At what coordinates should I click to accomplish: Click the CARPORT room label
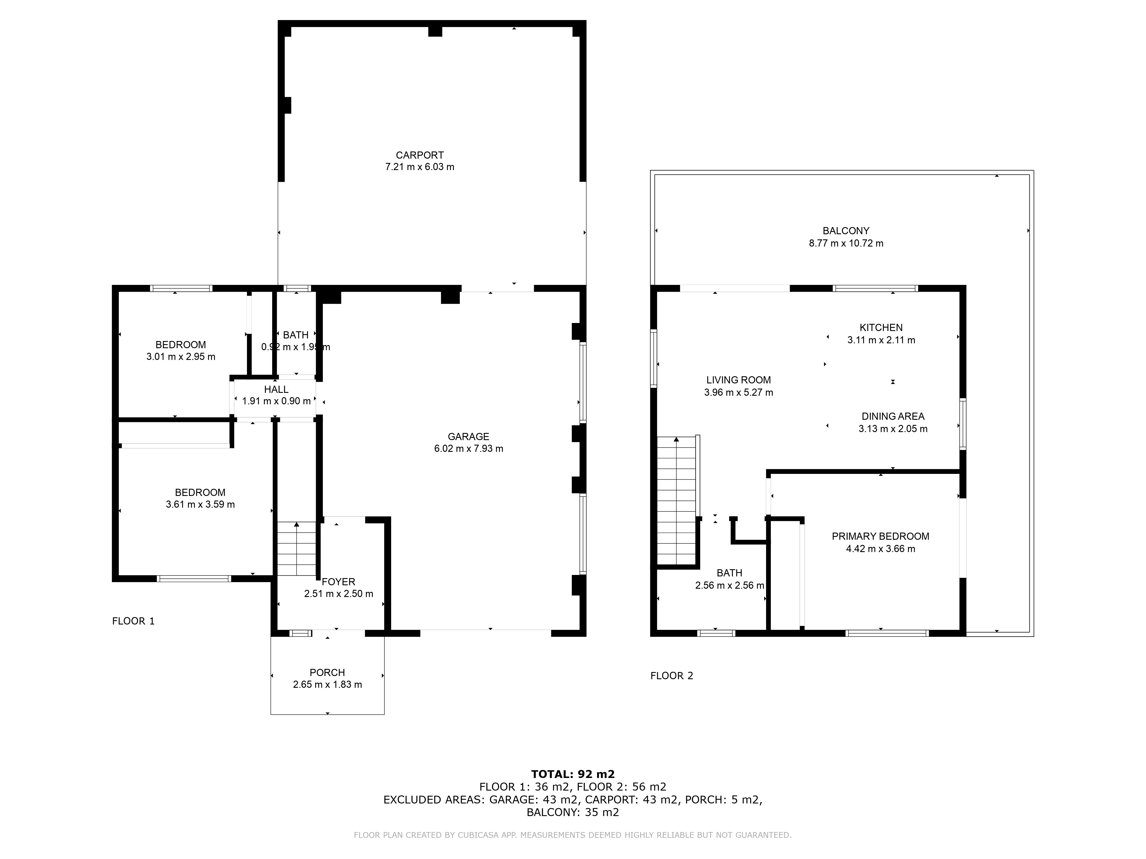click(x=420, y=155)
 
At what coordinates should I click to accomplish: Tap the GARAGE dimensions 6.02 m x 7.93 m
click(x=468, y=449)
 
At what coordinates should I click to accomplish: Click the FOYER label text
click(x=338, y=582)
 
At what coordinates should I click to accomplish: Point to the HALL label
click(x=276, y=389)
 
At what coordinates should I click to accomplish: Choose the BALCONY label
click(x=846, y=231)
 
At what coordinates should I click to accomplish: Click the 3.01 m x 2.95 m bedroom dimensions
click(x=181, y=357)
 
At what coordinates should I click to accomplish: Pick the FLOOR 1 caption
click(x=133, y=621)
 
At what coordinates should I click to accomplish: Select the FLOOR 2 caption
click(x=672, y=676)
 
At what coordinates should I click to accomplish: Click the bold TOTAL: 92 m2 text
click(x=573, y=774)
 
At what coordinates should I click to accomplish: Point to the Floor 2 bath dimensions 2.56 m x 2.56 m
click(x=729, y=586)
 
